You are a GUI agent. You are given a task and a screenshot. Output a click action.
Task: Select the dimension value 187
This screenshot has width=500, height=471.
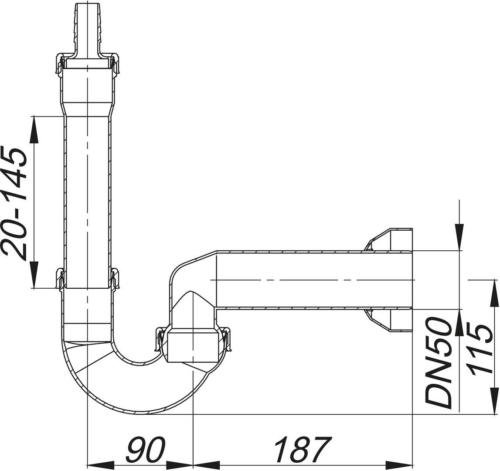[302, 449]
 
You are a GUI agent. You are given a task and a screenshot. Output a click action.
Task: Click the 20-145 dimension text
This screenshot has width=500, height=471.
[14, 203]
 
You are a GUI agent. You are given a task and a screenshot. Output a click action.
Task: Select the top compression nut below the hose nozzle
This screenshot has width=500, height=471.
[87, 63]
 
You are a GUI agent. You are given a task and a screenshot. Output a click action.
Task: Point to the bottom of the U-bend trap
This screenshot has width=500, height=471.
[139, 408]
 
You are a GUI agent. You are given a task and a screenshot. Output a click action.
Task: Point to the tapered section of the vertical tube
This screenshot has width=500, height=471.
[87, 109]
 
